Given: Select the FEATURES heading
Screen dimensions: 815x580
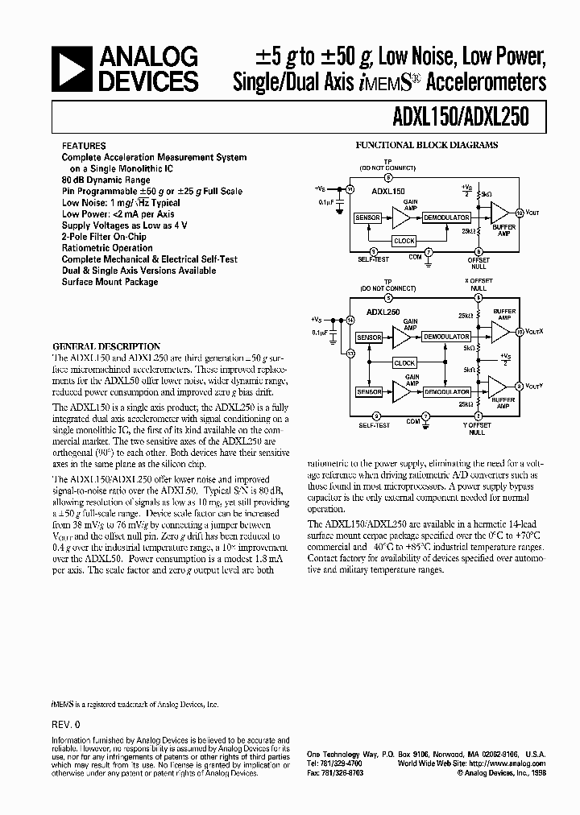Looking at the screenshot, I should pyautogui.click(x=83, y=146).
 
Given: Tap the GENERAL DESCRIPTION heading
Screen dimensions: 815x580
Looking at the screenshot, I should pyautogui.click(x=106, y=346).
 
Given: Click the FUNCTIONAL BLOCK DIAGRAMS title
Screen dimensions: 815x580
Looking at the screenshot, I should pyautogui.click(x=427, y=145).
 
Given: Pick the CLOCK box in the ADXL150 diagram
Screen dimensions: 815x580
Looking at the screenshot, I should pyautogui.click(x=404, y=240).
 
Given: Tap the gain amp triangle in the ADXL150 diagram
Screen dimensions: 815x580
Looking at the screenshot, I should pyautogui.click(x=401, y=217).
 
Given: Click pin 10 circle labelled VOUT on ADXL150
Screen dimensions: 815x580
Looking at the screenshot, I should pyautogui.click(x=520, y=213).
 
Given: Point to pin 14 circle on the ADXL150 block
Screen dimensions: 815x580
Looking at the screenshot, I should pyautogui.click(x=350, y=188).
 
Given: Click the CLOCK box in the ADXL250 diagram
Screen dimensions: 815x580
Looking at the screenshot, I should pyautogui.click(x=404, y=363).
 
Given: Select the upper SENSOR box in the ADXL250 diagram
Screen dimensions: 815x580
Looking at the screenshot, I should pyautogui.click(x=370, y=337).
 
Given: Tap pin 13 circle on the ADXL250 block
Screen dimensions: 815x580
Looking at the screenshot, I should pyautogui.click(x=350, y=354).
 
